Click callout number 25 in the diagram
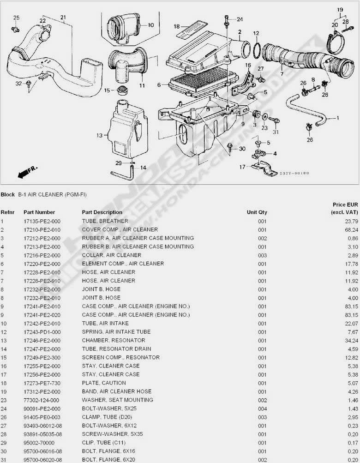coord(16,18)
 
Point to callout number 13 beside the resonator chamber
coord(99,136)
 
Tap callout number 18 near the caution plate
coord(176,26)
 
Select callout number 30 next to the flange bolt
coord(242,149)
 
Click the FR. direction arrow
coord(26,173)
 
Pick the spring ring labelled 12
coord(257,48)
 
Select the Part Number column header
coord(39,212)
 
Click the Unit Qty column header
coord(257,212)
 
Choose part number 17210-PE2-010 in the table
coord(42,229)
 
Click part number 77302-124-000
coord(42,400)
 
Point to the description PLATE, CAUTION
coord(104,383)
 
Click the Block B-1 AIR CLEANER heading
coord(43,194)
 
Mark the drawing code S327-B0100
coord(294,173)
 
